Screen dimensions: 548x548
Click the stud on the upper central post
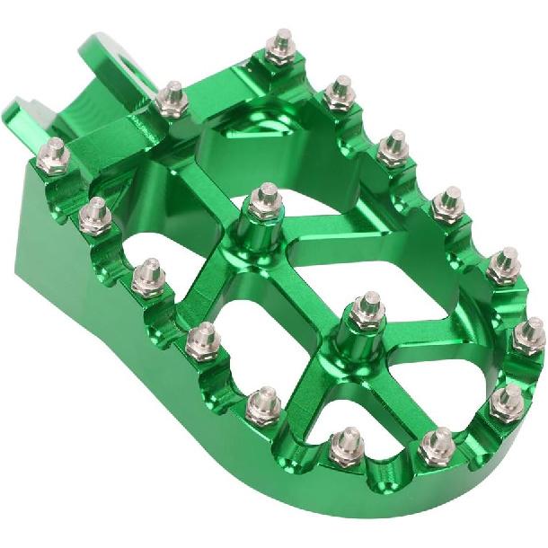coord(265,199)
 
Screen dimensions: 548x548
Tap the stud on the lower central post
coord(367,309)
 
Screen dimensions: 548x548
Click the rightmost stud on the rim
coord(529,334)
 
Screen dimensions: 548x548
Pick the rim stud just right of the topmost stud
coord(340,91)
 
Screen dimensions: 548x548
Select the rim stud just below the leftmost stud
coord(95,216)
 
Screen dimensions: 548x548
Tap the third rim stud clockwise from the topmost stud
coord(447,203)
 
